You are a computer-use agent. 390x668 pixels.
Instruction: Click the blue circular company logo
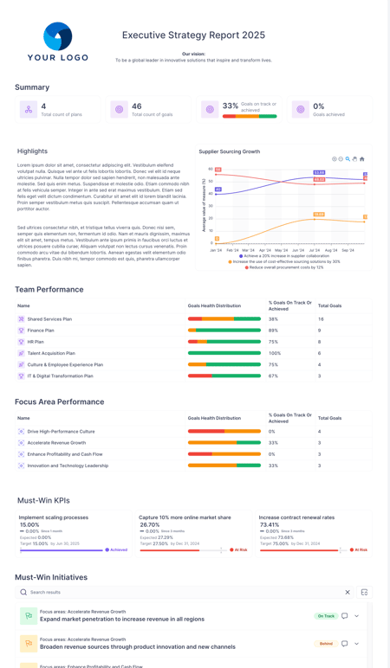pos(58,36)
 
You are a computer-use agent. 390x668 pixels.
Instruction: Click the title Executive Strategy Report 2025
pos(193,35)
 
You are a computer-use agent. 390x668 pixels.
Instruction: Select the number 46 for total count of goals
pos(137,106)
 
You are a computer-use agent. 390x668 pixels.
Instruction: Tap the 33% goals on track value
pos(230,106)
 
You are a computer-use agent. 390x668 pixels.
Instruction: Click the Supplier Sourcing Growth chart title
pos(229,151)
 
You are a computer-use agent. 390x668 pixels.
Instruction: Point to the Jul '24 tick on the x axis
pos(315,250)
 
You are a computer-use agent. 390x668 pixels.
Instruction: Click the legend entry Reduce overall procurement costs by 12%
pos(287,267)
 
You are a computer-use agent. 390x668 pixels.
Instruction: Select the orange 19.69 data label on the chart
pos(319,214)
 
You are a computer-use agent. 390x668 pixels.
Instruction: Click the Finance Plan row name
pos(41,331)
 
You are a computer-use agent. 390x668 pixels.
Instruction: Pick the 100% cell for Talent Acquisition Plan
pos(275,353)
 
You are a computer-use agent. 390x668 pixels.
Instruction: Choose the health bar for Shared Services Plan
pos(224,319)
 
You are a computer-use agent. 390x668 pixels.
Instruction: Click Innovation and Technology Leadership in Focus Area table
pos(68,466)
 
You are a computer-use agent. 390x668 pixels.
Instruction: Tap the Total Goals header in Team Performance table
pos(329,305)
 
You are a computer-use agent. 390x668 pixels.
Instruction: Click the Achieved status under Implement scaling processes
pos(118,549)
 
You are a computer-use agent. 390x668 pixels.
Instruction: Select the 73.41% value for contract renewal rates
pos(270,524)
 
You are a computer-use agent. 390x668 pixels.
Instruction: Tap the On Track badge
pos(325,616)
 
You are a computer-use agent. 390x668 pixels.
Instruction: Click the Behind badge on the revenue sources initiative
pos(325,644)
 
